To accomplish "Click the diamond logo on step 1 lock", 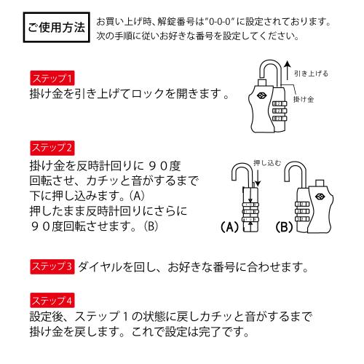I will point(261,95).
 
